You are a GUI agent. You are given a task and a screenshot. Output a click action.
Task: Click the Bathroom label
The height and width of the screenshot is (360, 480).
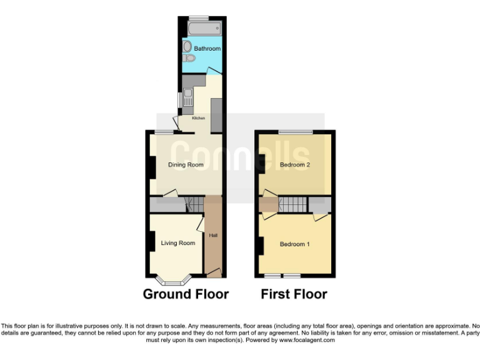point(207,48)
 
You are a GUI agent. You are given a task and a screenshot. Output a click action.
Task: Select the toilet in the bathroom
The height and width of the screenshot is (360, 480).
point(191,59)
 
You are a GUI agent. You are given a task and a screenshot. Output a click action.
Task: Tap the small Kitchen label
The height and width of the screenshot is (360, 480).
point(198,118)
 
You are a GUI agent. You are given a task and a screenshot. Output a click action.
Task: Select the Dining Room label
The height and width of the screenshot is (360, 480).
point(186,165)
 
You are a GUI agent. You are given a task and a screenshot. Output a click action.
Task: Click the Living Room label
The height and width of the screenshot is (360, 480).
point(178,243)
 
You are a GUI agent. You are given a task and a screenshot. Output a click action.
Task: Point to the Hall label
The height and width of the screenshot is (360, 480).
point(212,235)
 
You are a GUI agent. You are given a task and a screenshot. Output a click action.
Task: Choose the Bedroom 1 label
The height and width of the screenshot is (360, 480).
point(294,244)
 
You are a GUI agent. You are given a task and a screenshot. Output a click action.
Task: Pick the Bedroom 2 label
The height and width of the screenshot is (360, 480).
point(295,165)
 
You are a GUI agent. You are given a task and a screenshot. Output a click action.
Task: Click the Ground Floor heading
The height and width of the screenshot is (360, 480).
point(186,294)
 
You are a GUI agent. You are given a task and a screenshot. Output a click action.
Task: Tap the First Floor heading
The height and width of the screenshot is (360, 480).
point(294,294)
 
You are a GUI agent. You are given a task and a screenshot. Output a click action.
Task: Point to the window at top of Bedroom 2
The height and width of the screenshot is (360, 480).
point(296,132)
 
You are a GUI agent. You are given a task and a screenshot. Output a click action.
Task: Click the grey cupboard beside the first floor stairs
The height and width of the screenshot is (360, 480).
point(319,204)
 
